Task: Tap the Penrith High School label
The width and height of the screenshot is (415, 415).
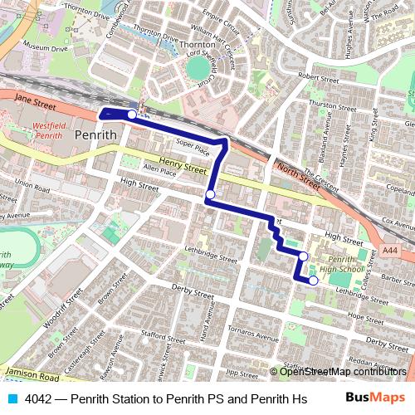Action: [x=341, y=264]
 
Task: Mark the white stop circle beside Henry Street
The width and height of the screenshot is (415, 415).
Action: [x=210, y=194]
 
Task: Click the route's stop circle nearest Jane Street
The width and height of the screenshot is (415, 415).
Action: [x=131, y=114]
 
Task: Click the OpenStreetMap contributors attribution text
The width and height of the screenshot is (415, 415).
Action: [x=343, y=371]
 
